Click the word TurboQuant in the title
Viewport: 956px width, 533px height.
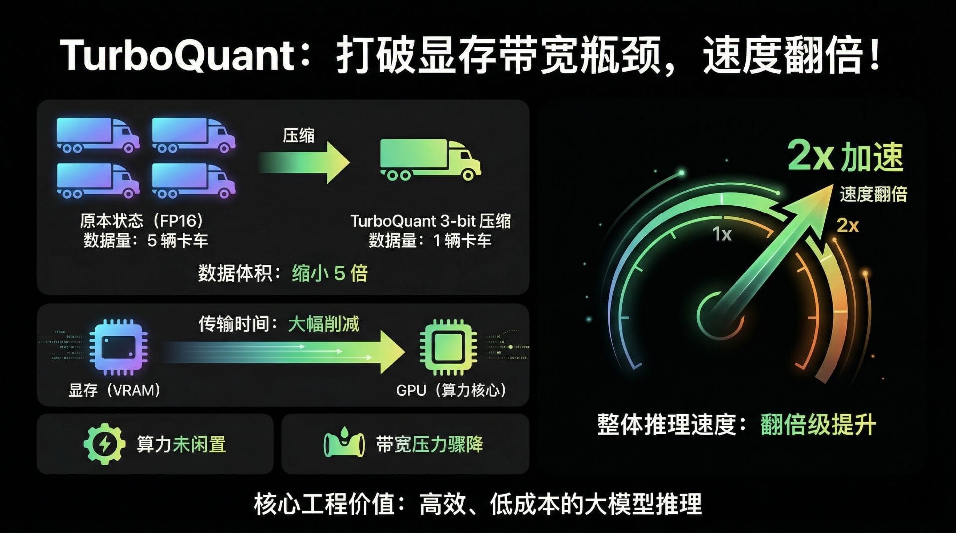click(178, 55)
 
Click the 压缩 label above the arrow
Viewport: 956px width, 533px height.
click(299, 135)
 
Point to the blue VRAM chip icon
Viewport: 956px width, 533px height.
click(118, 347)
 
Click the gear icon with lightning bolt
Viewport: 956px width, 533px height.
click(104, 444)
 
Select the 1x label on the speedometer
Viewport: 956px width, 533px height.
click(722, 234)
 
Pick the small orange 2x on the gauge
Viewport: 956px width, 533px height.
click(847, 226)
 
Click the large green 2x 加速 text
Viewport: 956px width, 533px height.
click(845, 157)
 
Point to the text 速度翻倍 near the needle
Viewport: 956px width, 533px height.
click(873, 194)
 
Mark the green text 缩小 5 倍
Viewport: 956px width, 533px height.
click(330, 273)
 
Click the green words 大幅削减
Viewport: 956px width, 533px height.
click(324, 324)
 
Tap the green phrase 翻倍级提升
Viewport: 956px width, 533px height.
click(818, 425)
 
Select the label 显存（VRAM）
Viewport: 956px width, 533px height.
click(115, 390)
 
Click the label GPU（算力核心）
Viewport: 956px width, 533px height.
click(451, 390)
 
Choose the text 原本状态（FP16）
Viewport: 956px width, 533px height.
click(142, 221)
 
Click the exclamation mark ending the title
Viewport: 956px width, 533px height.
click(875, 55)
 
